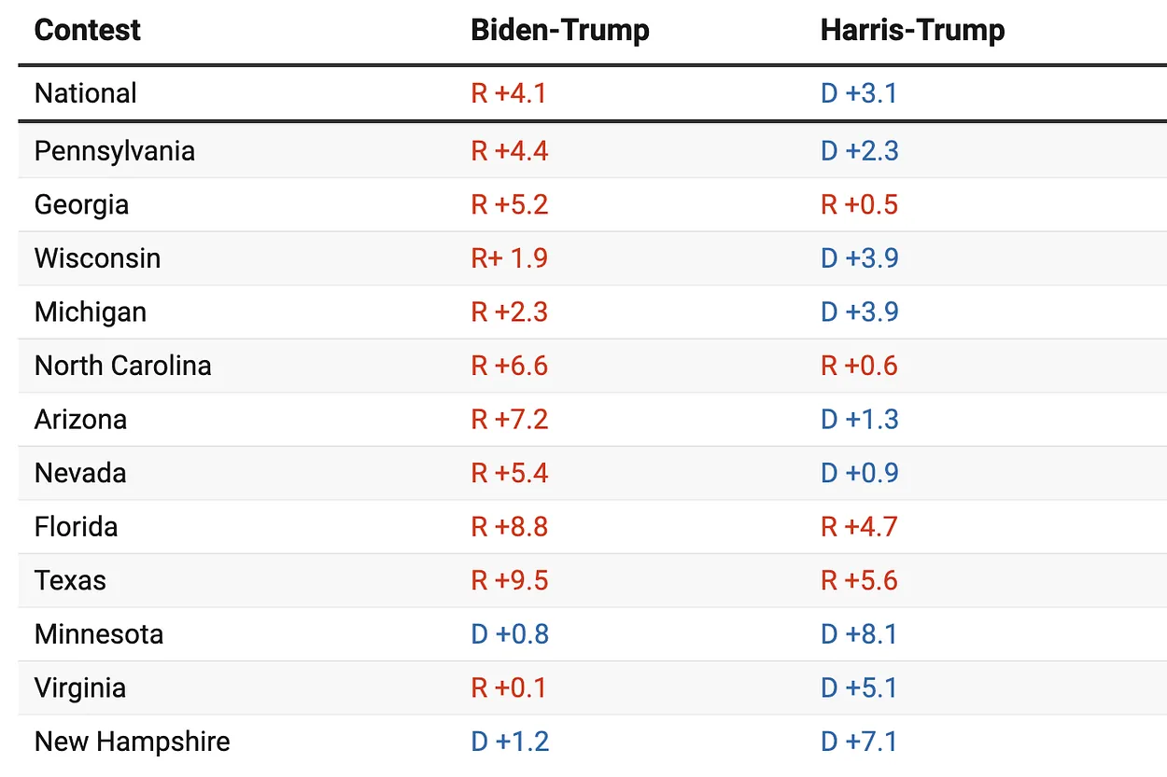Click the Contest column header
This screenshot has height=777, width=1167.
click(87, 30)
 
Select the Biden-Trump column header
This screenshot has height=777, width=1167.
click(559, 30)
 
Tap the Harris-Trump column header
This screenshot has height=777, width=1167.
click(912, 30)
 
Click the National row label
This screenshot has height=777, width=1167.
click(85, 93)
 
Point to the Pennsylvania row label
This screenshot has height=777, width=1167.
click(114, 151)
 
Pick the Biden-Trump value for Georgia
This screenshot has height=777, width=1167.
click(509, 205)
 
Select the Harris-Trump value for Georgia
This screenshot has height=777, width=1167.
click(859, 205)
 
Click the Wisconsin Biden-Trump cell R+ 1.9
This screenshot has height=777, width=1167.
click(509, 258)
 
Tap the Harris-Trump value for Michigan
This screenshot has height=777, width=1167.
click(859, 312)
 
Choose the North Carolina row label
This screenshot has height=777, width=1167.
click(122, 366)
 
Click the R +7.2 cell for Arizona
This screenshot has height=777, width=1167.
click(509, 420)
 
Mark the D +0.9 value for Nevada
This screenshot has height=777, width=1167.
click(859, 473)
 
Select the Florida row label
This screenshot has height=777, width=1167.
click(76, 527)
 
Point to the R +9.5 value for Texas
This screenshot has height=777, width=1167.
click(509, 580)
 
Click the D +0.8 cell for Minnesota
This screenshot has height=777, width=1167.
click(509, 634)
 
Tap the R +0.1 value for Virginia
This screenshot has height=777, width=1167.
click(509, 687)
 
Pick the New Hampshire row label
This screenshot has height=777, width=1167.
click(132, 742)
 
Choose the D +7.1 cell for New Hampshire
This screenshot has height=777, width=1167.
click(859, 742)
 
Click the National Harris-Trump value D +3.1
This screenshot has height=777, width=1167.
click(858, 93)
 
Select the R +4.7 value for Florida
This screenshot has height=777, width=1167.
click(859, 527)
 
